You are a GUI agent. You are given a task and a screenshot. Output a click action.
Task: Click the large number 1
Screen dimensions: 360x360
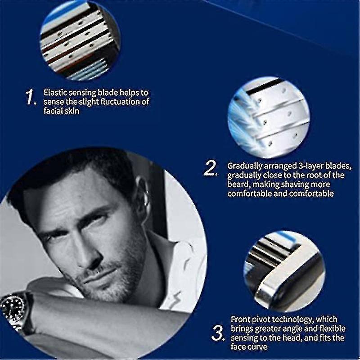31,97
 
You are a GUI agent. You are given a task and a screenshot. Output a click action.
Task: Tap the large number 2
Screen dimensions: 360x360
211,168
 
